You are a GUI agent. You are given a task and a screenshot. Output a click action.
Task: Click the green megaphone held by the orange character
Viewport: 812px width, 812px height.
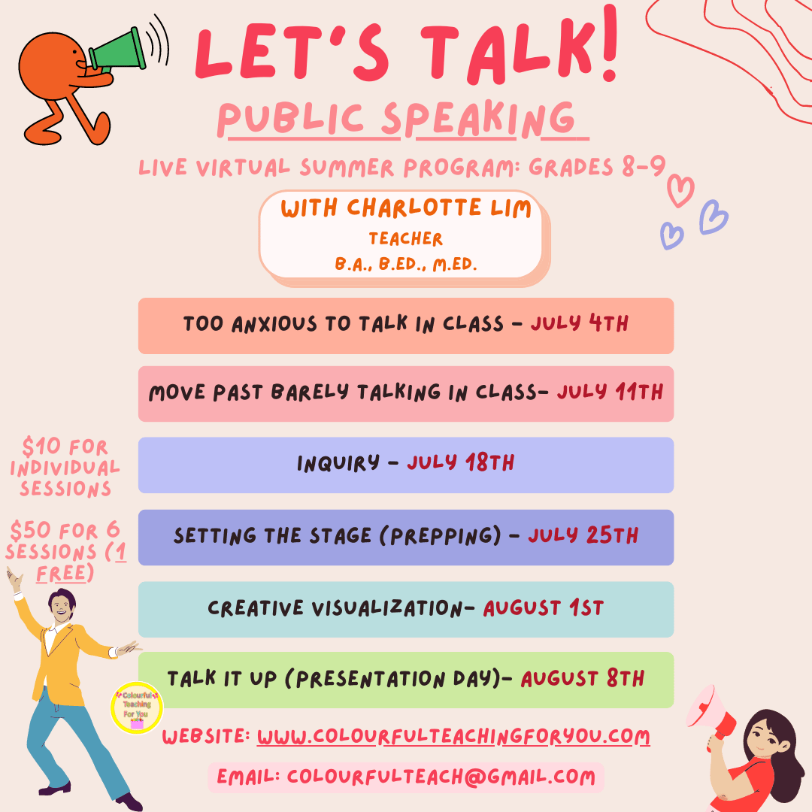[118, 50]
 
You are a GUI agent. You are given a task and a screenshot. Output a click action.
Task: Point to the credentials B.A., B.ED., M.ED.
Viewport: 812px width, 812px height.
[405, 264]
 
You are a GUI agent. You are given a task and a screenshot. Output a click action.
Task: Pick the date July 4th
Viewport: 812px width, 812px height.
[579, 323]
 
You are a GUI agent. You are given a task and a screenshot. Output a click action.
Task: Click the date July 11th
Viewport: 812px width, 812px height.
[610, 392]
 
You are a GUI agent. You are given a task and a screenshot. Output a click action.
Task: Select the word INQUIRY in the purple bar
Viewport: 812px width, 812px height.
[338, 462]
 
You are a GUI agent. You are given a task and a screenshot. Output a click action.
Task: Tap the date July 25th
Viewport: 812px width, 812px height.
[583, 535]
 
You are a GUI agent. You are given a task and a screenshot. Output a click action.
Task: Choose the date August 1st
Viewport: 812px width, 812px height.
[544, 607]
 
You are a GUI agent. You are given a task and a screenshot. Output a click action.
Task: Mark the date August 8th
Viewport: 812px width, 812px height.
[583, 678]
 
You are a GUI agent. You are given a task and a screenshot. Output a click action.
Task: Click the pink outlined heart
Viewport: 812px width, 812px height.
[680, 190]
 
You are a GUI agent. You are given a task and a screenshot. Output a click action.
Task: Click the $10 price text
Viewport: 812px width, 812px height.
[41, 446]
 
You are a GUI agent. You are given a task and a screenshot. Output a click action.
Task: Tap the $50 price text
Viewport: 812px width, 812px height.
[31, 530]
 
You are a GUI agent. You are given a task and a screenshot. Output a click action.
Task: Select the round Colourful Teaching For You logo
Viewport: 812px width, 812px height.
[137, 707]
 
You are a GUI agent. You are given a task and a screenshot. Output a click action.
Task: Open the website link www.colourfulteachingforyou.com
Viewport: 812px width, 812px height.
[453, 737]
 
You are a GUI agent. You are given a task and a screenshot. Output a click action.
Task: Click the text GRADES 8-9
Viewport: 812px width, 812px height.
[596, 167]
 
